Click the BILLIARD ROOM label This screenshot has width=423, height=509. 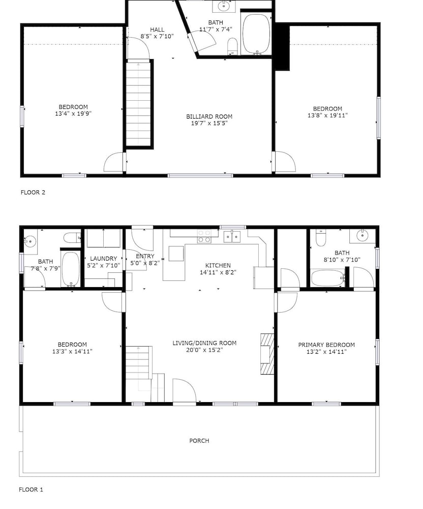click(x=209, y=116)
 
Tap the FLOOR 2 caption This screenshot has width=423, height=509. click(x=33, y=192)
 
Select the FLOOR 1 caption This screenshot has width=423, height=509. click(x=31, y=490)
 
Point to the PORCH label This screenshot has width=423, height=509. click(x=199, y=440)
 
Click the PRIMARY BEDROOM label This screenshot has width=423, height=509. click(x=326, y=345)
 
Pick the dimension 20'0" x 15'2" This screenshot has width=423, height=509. click(x=204, y=350)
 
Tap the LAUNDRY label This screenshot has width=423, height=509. click(x=103, y=259)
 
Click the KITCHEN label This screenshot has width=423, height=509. click(x=218, y=265)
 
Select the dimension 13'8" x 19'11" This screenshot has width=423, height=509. click(x=327, y=115)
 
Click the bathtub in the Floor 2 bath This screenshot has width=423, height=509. click(x=256, y=34)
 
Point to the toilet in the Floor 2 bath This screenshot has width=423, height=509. click(x=232, y=46)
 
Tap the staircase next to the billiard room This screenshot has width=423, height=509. click(x=138, y=104)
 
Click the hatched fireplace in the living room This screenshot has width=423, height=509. click(x=267, y=354)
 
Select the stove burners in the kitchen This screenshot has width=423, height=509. click(x=204, y=236)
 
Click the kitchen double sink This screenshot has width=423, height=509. click(x=232, y=237)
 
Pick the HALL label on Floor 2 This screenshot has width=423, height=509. click(x=157, y=30)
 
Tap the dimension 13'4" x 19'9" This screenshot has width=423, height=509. click(x=73, y=114)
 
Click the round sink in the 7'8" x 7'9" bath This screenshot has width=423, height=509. click(x=30, y=241)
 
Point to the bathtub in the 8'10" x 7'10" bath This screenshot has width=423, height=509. click(x=328, y=278)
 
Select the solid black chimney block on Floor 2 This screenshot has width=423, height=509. click(x=282, y=47)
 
